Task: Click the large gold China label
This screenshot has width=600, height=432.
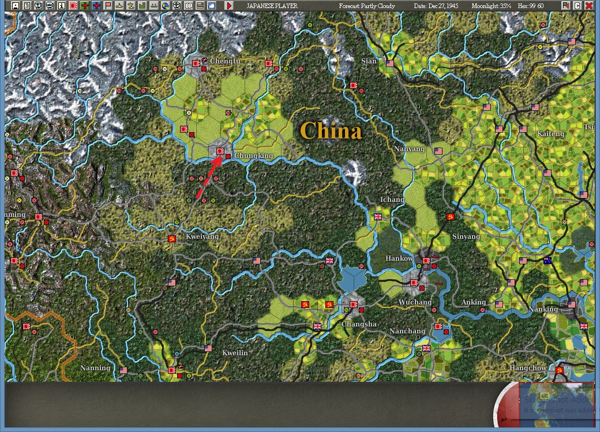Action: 331,131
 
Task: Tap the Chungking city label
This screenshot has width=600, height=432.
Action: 253,156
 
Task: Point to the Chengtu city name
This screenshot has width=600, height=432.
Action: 225,61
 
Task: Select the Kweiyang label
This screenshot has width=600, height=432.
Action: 202,237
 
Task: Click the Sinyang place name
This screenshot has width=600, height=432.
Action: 466,237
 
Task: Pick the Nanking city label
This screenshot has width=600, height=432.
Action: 543,309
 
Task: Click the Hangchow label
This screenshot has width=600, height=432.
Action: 528,368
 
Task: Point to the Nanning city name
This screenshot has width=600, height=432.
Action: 95,368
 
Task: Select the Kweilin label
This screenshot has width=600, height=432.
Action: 235,352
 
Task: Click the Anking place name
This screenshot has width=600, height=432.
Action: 474,302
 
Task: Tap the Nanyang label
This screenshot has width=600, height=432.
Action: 409,149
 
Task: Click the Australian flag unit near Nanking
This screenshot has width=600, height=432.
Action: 547,261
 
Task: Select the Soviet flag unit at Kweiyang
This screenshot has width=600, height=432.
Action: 171,238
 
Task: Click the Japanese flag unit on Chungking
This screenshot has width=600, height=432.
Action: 220,151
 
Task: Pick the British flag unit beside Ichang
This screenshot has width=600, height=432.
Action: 378,217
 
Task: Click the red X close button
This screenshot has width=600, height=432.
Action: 588,6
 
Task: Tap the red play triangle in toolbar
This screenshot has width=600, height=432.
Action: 229,6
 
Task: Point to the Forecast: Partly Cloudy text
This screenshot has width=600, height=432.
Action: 366,6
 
